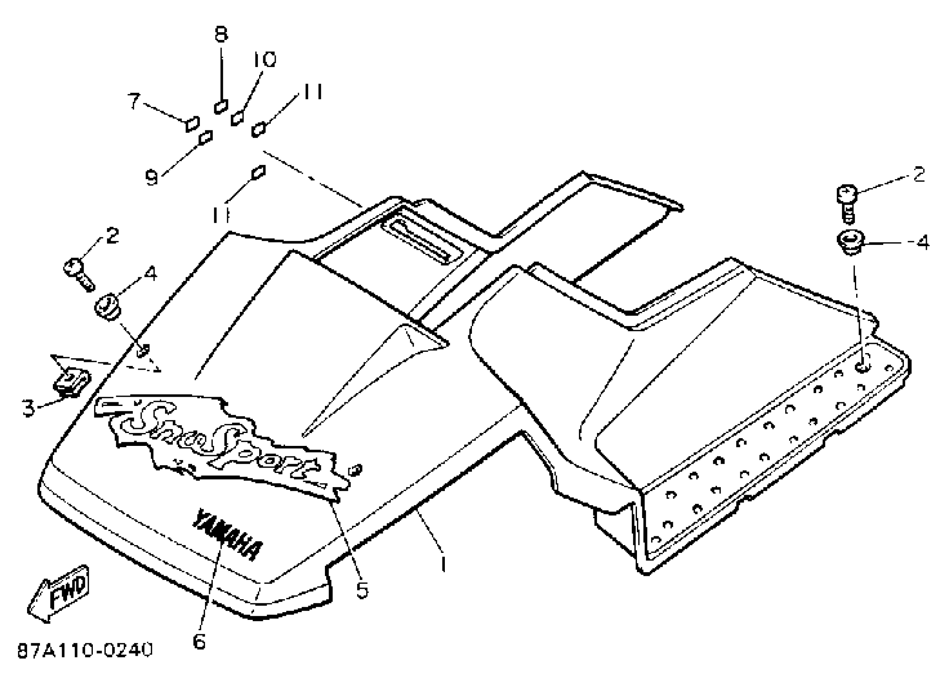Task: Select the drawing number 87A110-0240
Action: click(85, 650)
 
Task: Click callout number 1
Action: click(443, 564)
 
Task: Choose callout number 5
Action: click(362, 590)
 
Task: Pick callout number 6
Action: click(199, 641)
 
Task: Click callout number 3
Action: click(28, 408)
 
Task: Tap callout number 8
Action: click(221, 34)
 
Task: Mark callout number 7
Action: click(134, 101)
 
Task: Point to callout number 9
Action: click(151, 178)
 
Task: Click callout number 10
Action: click(264, 60)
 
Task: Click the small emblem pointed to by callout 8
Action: click(221, 106)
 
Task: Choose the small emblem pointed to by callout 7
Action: click(193, 124)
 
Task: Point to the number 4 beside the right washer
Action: click(922, 243)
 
